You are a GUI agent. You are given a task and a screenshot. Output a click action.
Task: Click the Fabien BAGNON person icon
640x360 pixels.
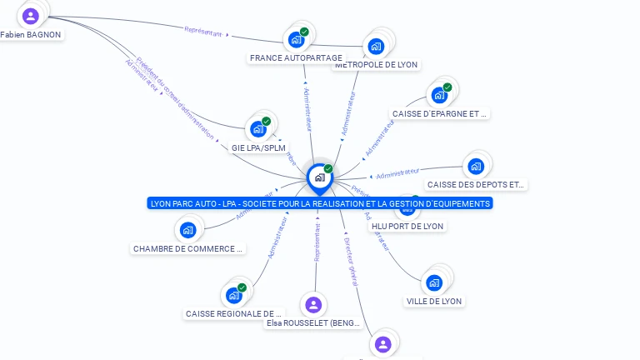click(x=31, y=16)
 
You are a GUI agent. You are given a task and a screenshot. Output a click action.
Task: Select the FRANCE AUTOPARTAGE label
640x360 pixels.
click(x=296, y=58)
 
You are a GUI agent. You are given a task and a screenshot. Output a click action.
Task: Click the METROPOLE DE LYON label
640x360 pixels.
click(x=376, y=64)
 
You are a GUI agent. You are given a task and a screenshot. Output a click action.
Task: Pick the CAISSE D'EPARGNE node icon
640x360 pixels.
click(x=439, y=94)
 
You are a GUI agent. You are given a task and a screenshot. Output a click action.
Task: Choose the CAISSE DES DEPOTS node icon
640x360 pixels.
click(x=475, y=166)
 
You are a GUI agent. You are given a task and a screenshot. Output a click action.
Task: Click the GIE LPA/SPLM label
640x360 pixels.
click(x=258, y=147)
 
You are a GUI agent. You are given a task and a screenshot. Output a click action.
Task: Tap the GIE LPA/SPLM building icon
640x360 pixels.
click(x=258, y=129)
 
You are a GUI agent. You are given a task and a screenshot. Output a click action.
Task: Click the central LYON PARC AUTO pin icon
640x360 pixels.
click(x=319, y=177)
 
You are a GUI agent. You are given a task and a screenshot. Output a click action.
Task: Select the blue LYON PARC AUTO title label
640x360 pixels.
click(x=320, y=203)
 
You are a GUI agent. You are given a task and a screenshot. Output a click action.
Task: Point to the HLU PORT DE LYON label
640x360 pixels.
click(x=407, y=226)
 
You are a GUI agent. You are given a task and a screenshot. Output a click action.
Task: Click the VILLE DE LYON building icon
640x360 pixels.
click(x=434, y=282)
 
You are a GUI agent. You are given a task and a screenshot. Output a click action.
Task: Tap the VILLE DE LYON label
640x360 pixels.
click(x=434, y=301)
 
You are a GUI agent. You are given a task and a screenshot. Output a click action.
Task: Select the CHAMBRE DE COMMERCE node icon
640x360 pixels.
click(x=187, y=230)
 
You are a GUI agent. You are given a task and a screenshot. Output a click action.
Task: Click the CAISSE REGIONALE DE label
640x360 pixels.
click(x=235, y=313)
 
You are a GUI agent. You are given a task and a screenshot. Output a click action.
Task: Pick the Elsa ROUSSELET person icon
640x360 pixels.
click(x=313, y=305)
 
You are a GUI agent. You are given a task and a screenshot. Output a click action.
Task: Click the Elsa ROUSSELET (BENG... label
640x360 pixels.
click(x=312, y=322)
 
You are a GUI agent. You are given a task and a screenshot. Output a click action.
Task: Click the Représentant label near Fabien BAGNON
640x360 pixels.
click(x=203, y=32)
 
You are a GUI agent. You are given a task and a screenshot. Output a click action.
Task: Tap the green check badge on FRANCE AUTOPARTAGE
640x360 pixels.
click(x=305, y=32)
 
